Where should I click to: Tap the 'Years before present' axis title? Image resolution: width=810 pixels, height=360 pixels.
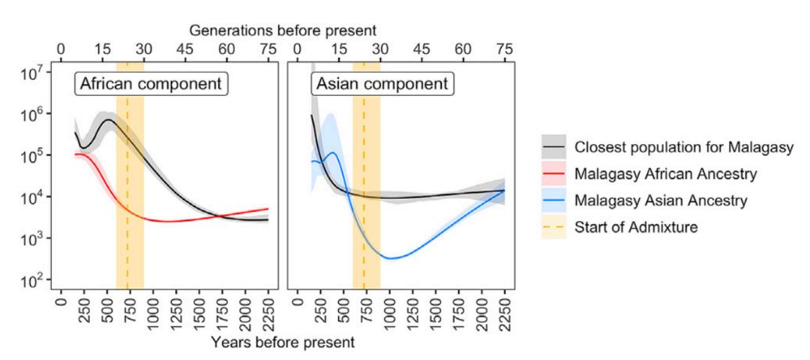282,343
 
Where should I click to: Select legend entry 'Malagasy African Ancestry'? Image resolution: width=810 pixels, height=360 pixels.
664,175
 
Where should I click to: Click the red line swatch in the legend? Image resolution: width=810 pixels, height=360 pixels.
554,175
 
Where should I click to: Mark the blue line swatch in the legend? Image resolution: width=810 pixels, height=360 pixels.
554,201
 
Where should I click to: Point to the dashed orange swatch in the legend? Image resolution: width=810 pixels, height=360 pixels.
554,227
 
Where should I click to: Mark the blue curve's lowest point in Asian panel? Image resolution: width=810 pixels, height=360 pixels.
390,258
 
